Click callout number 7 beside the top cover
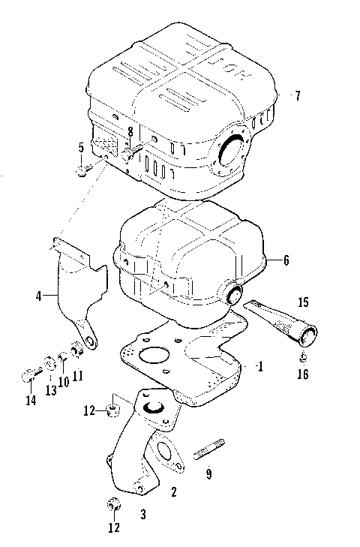(x=298, y=95)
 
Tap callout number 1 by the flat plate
(x=259, y=367)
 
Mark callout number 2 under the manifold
(x=174, y=492)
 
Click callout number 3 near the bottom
(x=142, y=515)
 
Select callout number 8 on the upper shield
(x=129, y=131)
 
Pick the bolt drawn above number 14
(x=29, y=374)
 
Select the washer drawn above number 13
(x=49, y=364)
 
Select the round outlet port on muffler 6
(x=233, y=293)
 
